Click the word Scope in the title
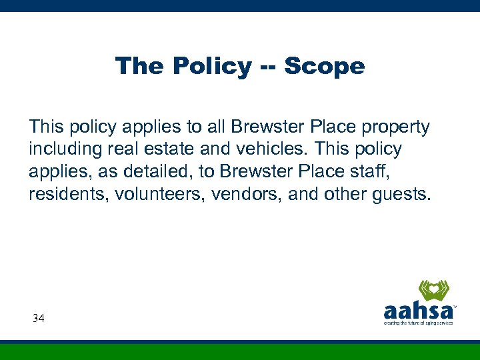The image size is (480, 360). pyautogui.click(x=324, y=66)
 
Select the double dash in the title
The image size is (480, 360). pyautogui.click(x=268, y=67)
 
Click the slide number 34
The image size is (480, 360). pyautogui.click(x=39, y=319)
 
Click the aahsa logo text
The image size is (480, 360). pyautogui.click(x=419, y=311)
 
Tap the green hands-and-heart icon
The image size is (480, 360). pyautogui.click(x=434, y=290)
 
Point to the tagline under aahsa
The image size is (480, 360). pyautogui.click(x=418, y=323)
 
